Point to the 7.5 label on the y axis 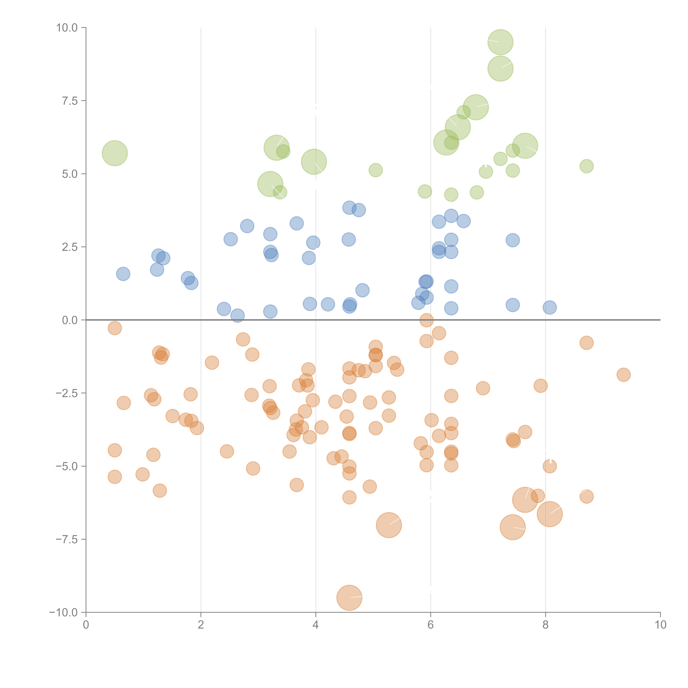point(70,101)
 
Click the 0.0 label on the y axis point(70,320)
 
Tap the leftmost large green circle point(115,153)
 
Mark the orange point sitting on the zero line point(426,320)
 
